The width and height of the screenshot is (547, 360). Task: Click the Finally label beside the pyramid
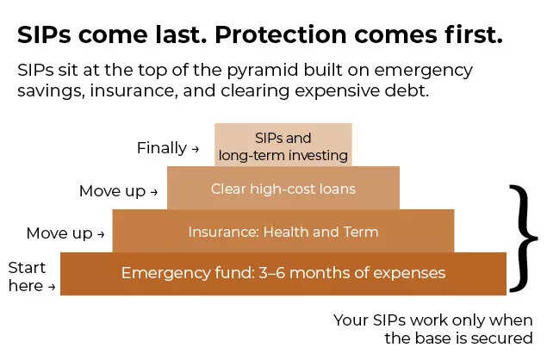point(161,148)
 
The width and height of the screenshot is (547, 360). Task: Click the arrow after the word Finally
point(195,149)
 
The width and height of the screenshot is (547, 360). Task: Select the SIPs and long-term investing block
point(283,146)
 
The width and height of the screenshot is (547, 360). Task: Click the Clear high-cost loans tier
point(283,189)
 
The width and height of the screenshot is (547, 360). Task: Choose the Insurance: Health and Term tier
point(283,232)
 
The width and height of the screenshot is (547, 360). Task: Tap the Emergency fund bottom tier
point(283,273)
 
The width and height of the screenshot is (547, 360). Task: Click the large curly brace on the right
point(521,237)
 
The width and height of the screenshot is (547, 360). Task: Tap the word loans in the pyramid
point(337,189)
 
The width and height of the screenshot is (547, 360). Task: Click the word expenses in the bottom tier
point(412,274)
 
